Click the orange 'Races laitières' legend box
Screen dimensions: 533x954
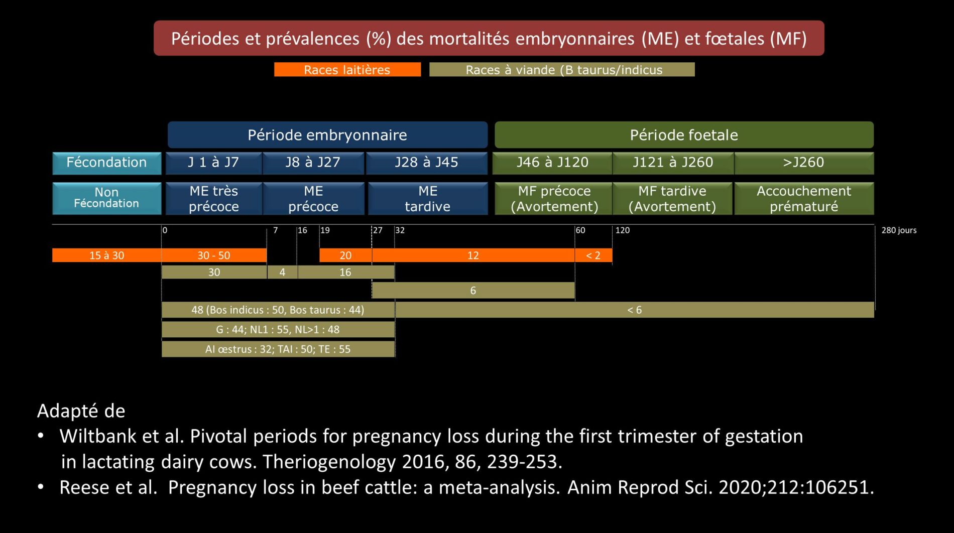pyautogui.click(x=347, y=70)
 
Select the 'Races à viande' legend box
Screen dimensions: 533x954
pyautogui.click(x=562, y=70)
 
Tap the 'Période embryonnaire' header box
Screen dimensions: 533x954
pyautogui.click(x=327, y=135)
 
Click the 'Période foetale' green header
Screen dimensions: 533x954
pyautogui.click(x=684, y=135)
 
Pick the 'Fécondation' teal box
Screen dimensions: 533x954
pyautogui.click(x=106, y=163)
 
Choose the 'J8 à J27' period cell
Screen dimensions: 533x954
pyautogui.click(x=313, y=163)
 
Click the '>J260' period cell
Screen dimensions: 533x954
pyautogui.click(x=803, y=163)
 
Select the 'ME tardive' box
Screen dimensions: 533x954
pyautogui.click(x=428, y=199)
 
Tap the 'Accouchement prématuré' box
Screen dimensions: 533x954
pyautogui.click(x=803, y=199)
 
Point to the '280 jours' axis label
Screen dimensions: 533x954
pyautogui.click(x=899, y=230)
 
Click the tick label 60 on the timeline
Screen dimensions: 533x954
pyautogui.click(x=580, y=230)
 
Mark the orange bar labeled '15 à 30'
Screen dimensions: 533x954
pyautogui.click(x=106, y=255)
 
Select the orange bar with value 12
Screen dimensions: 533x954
pyautogui.click(x=473, y=255)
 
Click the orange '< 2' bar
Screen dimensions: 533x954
pyautogui.click(x=593, y=255)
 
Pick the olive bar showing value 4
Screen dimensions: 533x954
pyautogui.click(x=282, y=273)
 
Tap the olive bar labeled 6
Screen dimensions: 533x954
pyautogui.click(x=473, y=291)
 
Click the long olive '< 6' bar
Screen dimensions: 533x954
pyautogui.click(x=634, y=310)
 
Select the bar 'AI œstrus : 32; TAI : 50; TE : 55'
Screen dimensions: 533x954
pyautogui.click(x=278, y=349)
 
